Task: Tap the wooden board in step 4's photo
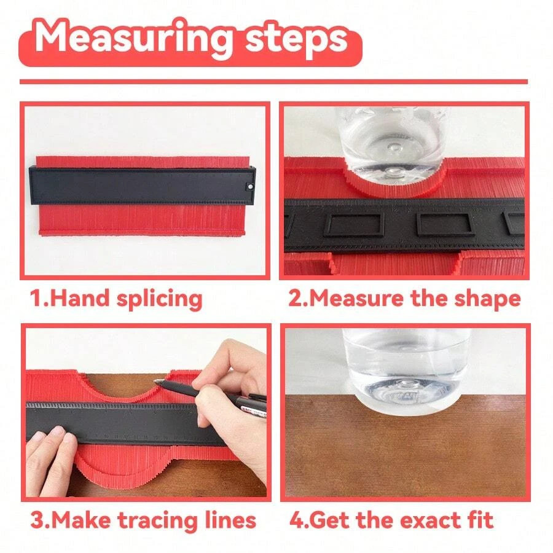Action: click(406, 449)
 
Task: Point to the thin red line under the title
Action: click(273, 81)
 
